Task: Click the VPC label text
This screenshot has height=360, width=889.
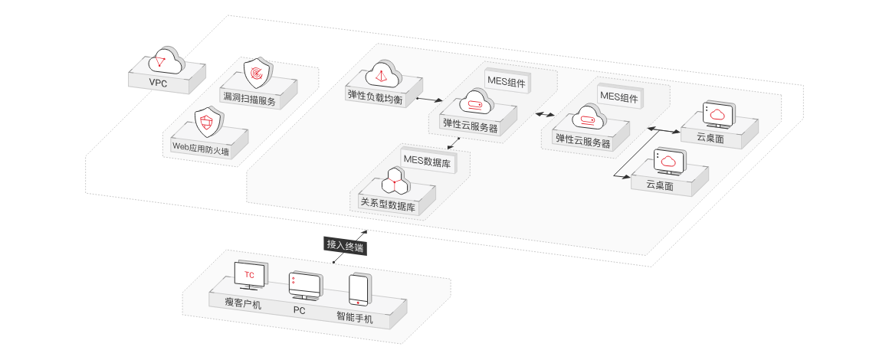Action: click(x=158, y=82)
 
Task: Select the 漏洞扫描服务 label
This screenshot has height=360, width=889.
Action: click(x=248, y=99)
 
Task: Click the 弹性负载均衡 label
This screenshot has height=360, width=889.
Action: click(x=376, y=97)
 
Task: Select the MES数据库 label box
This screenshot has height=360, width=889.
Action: click(x=426, y=161)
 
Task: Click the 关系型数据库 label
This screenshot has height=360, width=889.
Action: click(x=388, y=205)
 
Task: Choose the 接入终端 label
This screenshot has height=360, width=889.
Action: click(x=345, y=246)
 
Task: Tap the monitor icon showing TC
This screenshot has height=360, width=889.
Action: click(x=250, y=275)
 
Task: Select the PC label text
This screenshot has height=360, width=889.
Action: click(x=300, y=310)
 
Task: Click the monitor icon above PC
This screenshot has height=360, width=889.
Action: click(x=303, y=286)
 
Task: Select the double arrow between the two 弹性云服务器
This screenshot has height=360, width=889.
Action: click(x=547, y=113)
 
